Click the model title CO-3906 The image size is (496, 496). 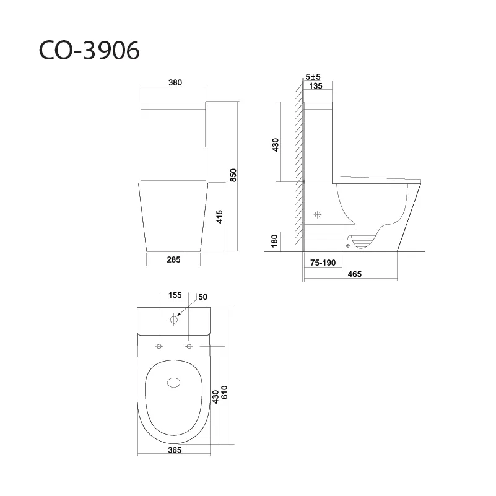pos(89,50)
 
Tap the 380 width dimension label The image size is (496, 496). pos(175,82)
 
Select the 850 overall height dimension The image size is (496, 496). pos(233,175)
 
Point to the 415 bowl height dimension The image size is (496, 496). pos(220,217)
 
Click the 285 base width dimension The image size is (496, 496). pos(173,259)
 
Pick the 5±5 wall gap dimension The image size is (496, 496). pos(313,77)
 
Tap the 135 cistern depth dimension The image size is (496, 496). pos(315,86)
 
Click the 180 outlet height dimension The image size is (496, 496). pos(274,241)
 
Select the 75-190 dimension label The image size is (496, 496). pos(323,263)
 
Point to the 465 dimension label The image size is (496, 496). pos(354,274)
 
